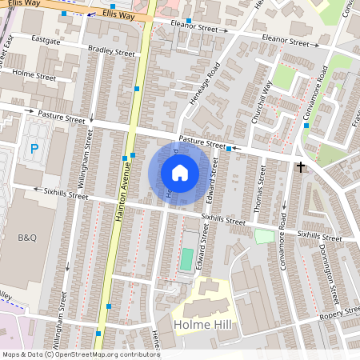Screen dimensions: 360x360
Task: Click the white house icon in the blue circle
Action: point(180,172)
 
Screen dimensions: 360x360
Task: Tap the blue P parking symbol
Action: point(34,148)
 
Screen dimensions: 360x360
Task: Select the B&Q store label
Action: point(28,238)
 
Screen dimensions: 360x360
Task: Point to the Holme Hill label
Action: point(202,325)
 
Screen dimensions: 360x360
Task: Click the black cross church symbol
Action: point(301,166)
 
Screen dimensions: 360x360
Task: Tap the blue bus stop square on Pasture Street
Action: point(230,149)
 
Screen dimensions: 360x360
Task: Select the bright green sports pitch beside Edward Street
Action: point(186,259)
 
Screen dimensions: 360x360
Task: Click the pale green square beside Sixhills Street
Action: point(264,237)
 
